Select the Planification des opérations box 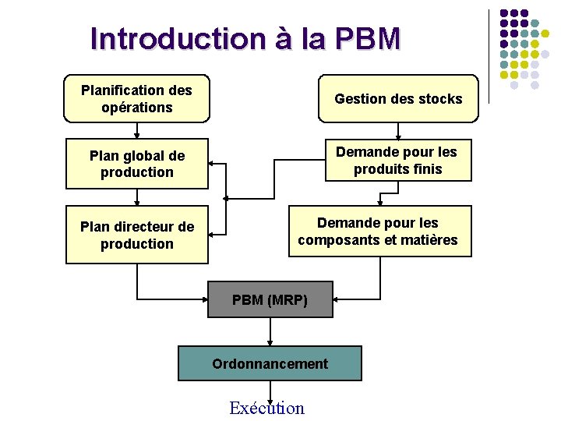136,99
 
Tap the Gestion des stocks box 398,99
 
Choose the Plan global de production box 137,164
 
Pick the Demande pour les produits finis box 397,161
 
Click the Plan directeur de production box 137,235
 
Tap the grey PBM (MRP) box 270,300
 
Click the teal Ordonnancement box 270,363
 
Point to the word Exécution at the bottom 267,408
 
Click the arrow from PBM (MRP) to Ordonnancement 270,331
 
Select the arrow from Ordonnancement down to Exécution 270,390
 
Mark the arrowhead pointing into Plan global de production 213,165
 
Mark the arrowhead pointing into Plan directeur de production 213,233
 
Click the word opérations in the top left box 137,108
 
